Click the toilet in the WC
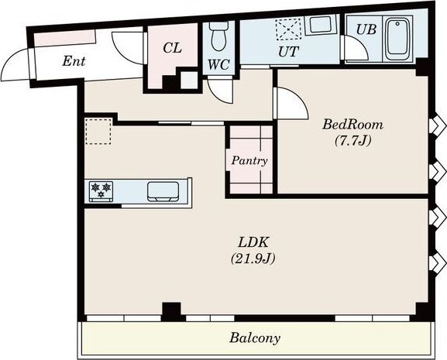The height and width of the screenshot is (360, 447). tap(218, 36)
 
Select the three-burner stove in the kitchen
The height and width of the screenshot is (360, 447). tap(101, 191)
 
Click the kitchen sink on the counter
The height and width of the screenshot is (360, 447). tap(163, 192)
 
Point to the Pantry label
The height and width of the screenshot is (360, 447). tap(249, 161)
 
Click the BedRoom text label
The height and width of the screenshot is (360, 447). tap(352, 125)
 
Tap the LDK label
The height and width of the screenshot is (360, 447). tap(253, 242)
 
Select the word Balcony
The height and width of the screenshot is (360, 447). tap(255, 338)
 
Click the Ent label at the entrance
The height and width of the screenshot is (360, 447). tap(74, 61)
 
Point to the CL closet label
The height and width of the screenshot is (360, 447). tap(173, 48)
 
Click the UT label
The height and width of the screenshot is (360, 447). tap(288, 52)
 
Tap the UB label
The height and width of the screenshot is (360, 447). tap(366, 29)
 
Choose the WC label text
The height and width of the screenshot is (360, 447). tap(218, 65)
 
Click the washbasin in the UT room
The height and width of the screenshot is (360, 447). tap(321, 25)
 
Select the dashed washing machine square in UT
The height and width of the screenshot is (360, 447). tap(288, 29)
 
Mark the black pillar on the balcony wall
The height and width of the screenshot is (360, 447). tap(171, 311)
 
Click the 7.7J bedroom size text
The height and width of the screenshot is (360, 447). tap(353, 140)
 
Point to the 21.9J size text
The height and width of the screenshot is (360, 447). tap(253, 259)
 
